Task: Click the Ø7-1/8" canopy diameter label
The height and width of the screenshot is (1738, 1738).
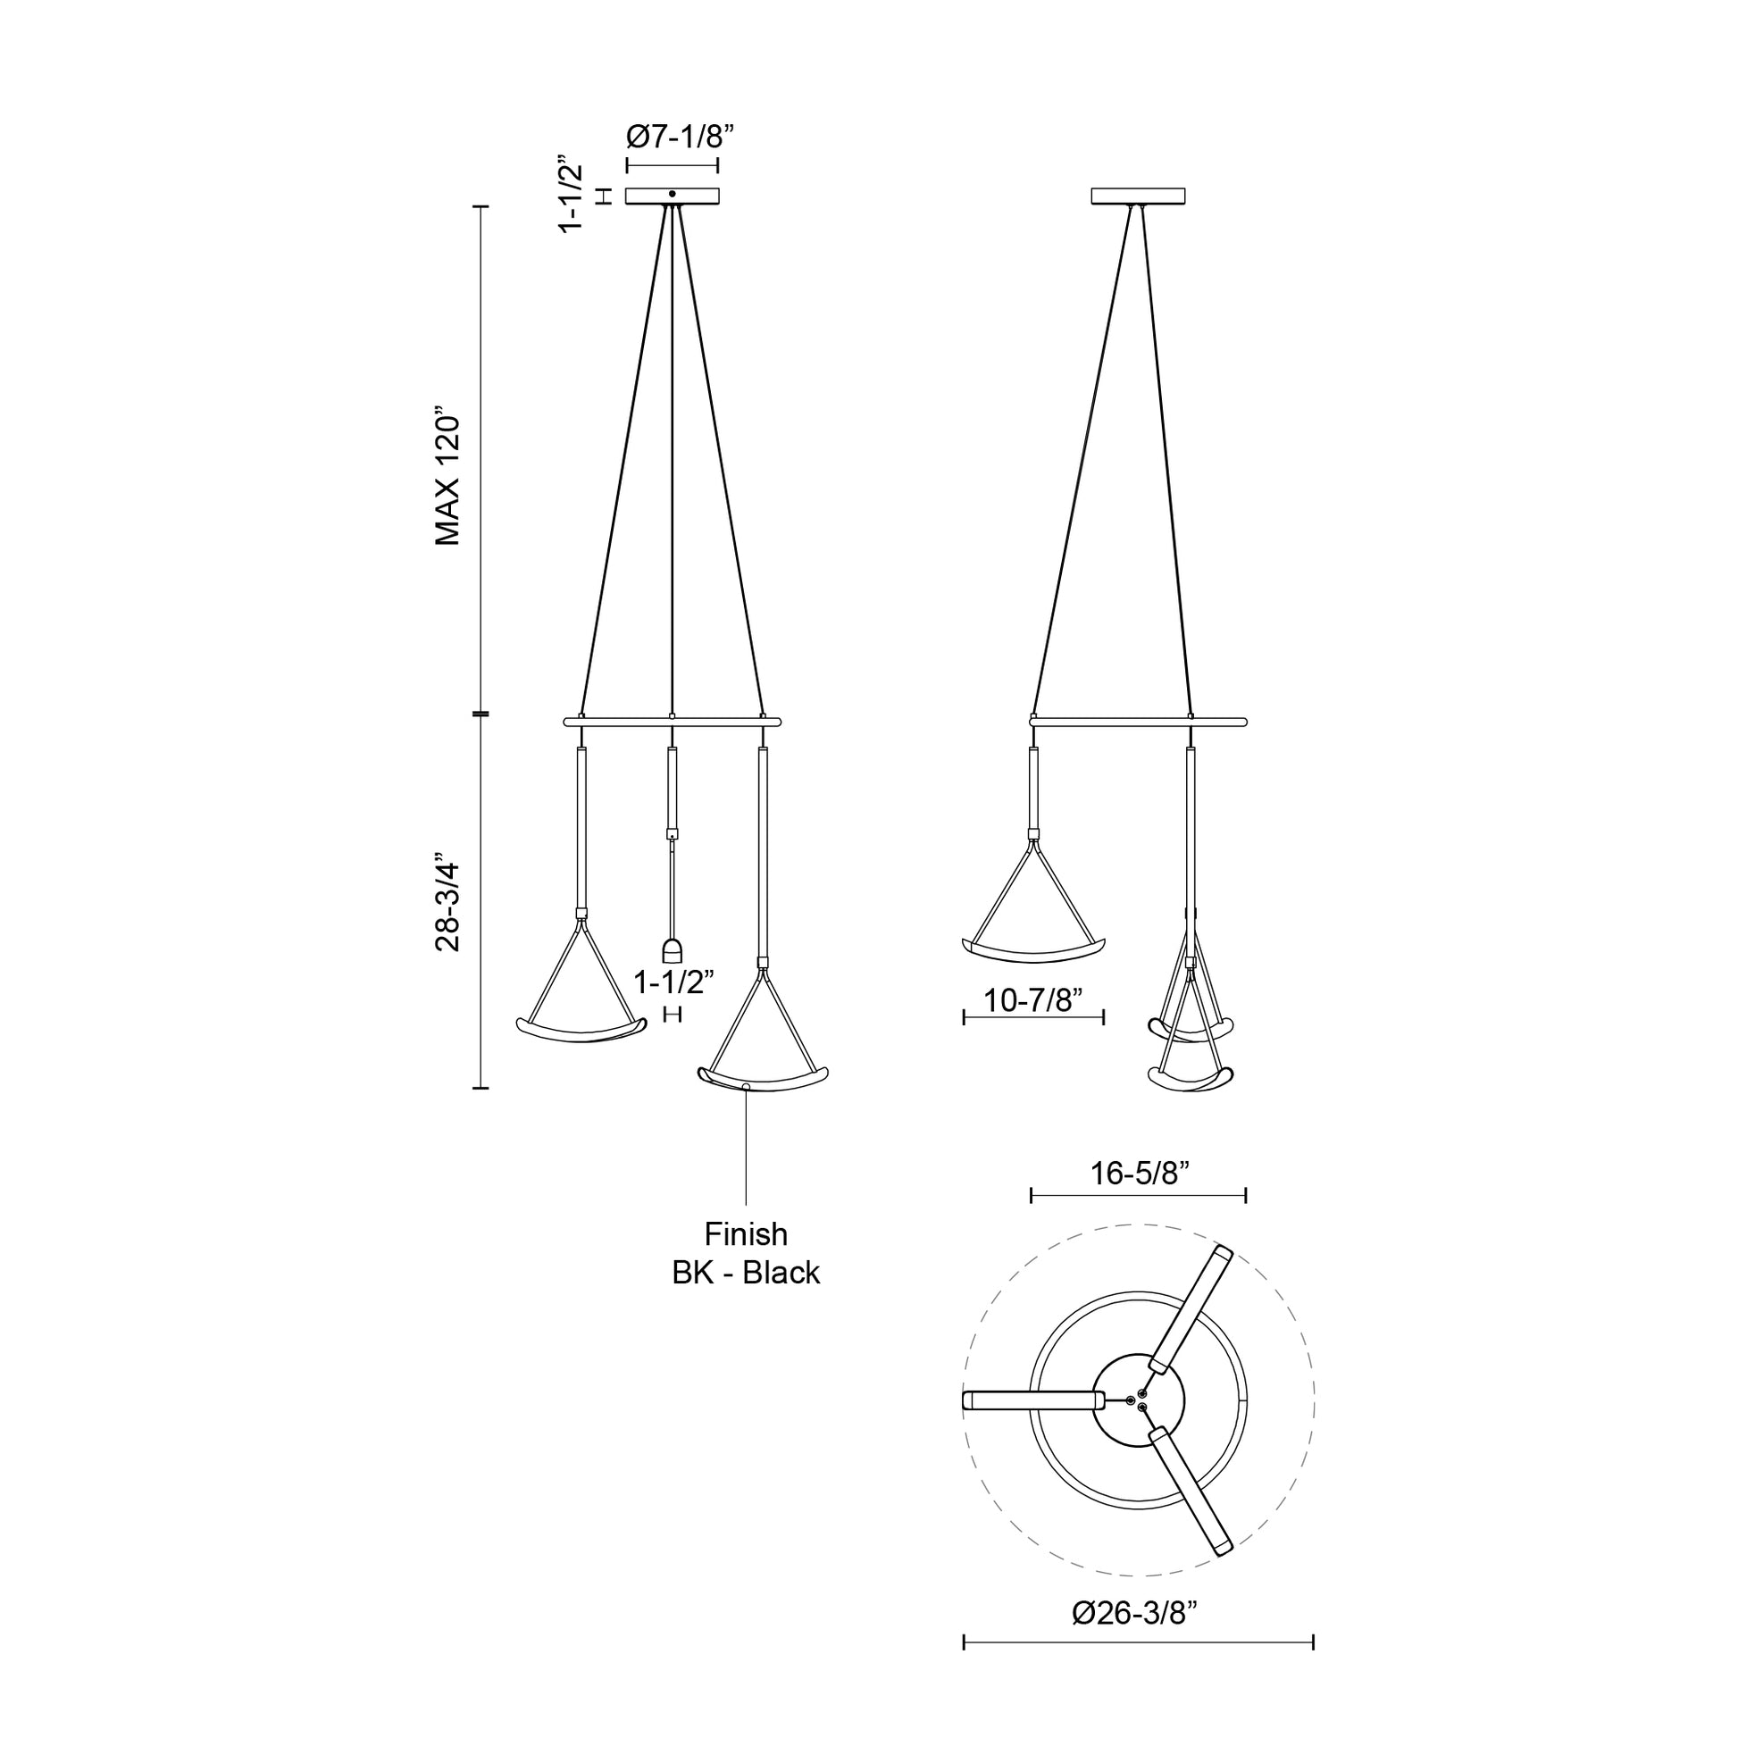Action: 681,137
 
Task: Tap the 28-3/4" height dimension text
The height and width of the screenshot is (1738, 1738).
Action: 447,900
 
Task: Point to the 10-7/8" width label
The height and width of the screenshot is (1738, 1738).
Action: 1032,999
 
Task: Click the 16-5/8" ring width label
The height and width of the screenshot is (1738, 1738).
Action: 1140,1173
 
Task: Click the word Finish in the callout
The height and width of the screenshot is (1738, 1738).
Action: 746,1233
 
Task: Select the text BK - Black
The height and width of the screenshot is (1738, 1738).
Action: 746,1273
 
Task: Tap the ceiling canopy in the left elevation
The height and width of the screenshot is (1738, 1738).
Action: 673,196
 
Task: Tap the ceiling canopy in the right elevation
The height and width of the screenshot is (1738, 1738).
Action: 1139,196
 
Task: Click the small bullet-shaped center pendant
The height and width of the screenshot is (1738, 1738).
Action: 673,952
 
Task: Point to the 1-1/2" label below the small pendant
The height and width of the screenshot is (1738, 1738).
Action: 673,982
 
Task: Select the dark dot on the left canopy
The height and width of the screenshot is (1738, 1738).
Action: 673,194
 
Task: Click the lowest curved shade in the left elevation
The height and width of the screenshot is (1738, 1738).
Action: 763,1079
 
